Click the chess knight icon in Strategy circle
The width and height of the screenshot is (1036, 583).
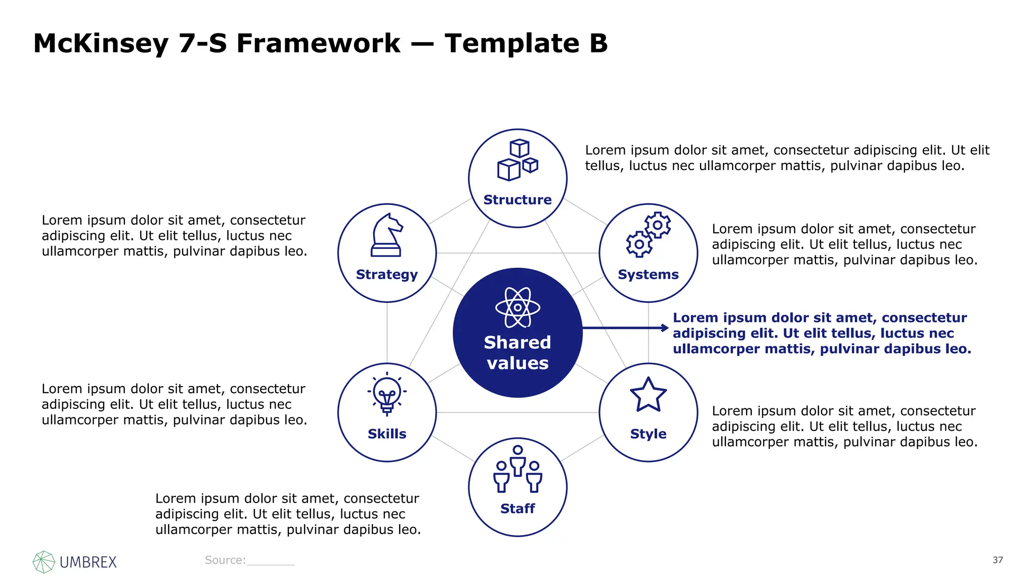tap(386, 235)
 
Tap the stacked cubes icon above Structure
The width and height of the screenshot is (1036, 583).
tap(517, 160)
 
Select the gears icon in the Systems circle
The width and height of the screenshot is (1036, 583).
tap(649, 234)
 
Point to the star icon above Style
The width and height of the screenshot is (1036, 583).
tap(648, 395)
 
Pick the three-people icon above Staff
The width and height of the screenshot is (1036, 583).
tap(517, 469)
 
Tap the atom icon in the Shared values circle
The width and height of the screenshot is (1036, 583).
tap(517, 307)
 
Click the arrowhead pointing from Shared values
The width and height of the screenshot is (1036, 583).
tap(665, 328)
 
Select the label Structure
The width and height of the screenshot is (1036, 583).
tap(517, 200)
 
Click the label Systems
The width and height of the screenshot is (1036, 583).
tap(648, 274)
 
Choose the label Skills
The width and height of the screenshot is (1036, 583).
tap(387, 434)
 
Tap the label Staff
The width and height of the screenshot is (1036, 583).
tap(517, 508)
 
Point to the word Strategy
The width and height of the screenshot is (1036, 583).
tap(387, 274)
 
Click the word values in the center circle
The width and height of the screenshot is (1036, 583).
tap(517, 363)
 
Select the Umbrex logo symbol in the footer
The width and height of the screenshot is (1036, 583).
tap(44, 562)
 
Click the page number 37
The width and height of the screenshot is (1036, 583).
tap(998, 560)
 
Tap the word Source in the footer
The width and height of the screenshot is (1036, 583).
tap(225, 560)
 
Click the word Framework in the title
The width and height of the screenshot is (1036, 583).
tap(318, 44)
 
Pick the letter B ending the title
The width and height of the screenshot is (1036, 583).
tap(598, 44)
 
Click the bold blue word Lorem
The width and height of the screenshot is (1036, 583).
tap(696, 318)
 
